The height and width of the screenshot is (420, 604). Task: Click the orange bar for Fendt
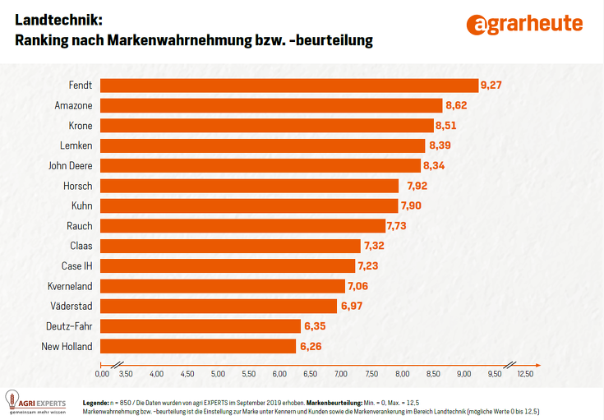click(288, 85)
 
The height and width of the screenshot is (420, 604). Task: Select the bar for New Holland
click(197, 346)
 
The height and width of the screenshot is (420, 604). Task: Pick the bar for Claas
click(230, 246)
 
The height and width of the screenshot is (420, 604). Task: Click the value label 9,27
click(492, 85)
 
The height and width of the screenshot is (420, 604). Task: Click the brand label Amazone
click(73, 106)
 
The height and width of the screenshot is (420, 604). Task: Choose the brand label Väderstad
click(71, 306)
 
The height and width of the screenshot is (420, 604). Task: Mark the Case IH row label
click(76, 266)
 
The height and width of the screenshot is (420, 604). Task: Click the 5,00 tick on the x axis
click(218, 374)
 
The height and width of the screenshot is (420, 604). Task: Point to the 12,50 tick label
click(524, 374)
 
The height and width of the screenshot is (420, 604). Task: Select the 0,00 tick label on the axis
click(102, 374)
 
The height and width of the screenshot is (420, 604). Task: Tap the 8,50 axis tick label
click(433, 374)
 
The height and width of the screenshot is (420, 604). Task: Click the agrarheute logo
click(523, 24)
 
